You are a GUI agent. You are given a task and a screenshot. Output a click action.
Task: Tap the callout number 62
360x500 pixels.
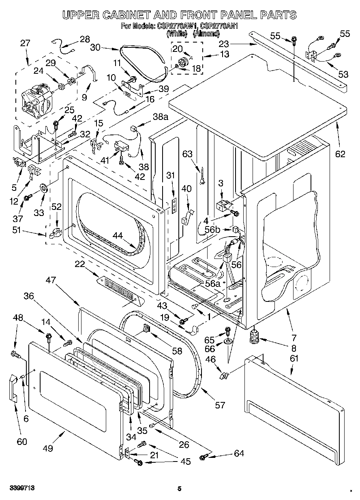(x=340, y=154)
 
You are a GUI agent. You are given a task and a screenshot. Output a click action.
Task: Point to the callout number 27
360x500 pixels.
(x=25, y=43)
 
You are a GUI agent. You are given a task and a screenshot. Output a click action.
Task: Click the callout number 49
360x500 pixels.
(x=48, y=448)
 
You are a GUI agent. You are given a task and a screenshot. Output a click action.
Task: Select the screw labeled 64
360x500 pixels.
(x=204, y=457)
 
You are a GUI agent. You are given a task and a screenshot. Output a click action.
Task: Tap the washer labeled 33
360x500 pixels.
(x=43, y=188)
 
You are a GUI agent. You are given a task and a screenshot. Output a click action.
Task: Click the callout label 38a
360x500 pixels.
(x=160, y=117)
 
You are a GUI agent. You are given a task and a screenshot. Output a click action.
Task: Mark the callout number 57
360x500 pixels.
(x=219, y=405)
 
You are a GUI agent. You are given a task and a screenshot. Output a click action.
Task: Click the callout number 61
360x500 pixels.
(x=294, y=358)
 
